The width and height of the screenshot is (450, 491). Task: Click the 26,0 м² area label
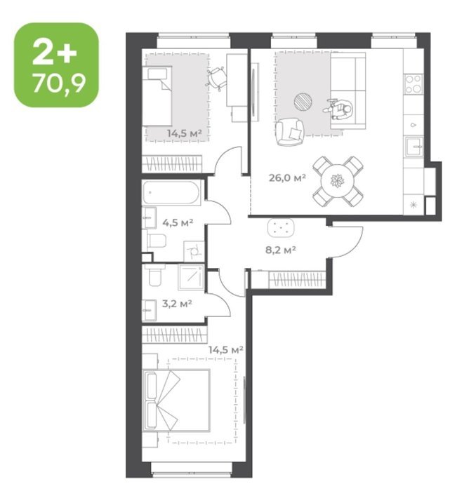(x=287, y=178)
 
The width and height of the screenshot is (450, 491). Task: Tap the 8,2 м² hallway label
(x=281, y=250)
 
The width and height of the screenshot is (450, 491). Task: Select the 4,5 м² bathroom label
(x=178, y=222)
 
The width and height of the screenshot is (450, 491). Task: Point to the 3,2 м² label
(x=177, y=304)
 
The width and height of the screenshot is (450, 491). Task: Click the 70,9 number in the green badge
(x=59, y=83)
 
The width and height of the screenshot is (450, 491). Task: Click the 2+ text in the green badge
(x=55, y=53)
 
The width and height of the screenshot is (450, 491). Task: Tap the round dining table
(x=338, y=181)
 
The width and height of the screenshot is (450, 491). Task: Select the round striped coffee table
(x=303, y=102)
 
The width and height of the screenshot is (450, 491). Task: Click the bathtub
(x=172, y=193)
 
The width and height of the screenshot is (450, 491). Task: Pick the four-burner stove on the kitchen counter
(x=413, y=84)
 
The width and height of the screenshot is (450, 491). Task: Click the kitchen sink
(x=414, y=147)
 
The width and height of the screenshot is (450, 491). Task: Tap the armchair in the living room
(x=290, y=132)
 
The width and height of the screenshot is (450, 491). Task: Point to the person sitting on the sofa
(x=339, y=109)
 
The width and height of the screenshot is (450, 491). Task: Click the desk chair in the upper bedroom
(x=216, y=78)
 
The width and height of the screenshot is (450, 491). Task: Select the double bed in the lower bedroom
(x=176, y=401)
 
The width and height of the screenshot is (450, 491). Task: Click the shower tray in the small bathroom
(x=191, y=277)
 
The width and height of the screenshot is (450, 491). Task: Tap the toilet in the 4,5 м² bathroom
(x=157, y=240)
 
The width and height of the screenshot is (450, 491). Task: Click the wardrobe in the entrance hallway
(x=296, y=279)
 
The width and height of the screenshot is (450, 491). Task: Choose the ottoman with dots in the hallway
(x=281, y=227)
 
